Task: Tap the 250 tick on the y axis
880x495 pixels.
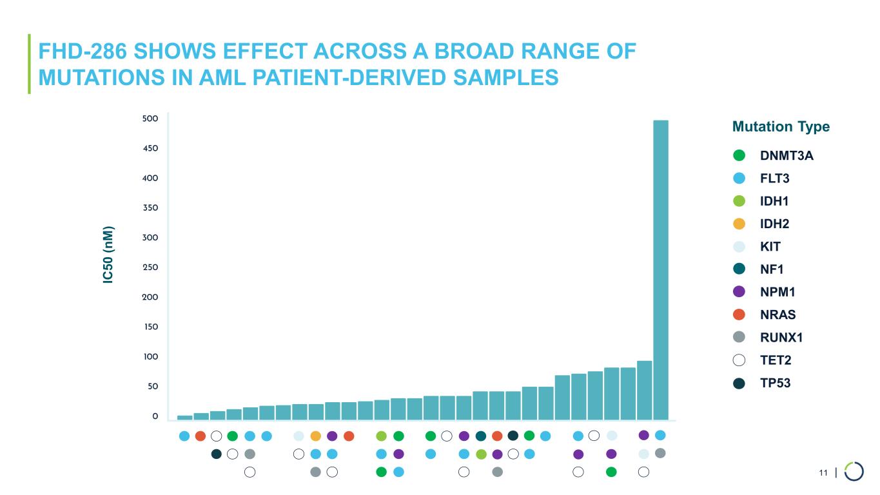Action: (150, 267)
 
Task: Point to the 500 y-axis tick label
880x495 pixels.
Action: (150, 119)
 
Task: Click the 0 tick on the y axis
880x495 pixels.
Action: (155, 416)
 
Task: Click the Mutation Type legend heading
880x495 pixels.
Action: (781, 126)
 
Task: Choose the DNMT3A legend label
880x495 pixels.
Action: (787, 156)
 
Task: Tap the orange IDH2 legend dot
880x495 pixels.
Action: (739, 224)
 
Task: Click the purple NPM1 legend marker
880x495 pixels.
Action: (739, 292)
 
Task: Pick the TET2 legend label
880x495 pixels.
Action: (776, 360)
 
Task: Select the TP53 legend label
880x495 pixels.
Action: (776, 383)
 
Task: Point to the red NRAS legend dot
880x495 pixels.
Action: (739, 315)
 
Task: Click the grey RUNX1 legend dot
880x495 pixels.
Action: (739, 337)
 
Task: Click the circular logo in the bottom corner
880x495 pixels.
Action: (854, 471)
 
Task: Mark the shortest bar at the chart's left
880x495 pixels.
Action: (185, 417)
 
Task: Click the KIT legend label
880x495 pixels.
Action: (770, 247)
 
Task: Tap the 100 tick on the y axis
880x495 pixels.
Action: (150, 356)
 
